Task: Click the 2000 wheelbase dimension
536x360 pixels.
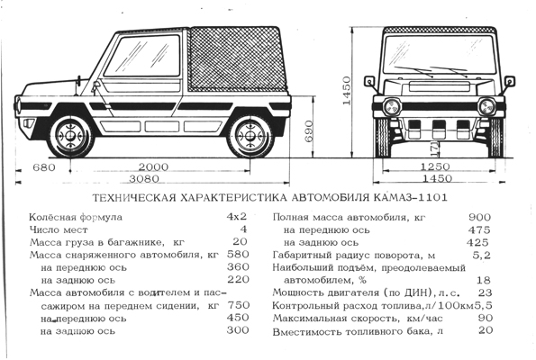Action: [x=153, y=167]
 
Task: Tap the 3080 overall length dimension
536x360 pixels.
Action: [x=144, y=178]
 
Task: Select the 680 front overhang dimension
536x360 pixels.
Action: [x=44, y=167]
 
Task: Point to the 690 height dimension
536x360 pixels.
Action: [x=308, y=131]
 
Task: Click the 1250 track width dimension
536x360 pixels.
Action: [x=435, y=167]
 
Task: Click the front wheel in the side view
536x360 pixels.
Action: [x=71, y=136]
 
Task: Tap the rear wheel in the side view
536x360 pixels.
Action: [x=250, y=136]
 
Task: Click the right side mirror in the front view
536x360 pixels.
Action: [x=509, y=81]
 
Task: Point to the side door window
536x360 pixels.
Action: [x=142, y=56]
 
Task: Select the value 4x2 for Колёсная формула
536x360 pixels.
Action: [x=237, y=216]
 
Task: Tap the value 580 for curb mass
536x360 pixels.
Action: [x=238, y=254]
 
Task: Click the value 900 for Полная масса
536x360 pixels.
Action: [x=479, y=217]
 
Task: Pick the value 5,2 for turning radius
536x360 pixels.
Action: [x=482, y=255]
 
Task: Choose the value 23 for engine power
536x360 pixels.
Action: [x=485, y=292]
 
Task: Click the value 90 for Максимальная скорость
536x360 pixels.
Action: [x=486, y=318]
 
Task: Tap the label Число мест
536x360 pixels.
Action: [x=59, y=229]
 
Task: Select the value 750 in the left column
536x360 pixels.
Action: [x=238, y=305]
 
